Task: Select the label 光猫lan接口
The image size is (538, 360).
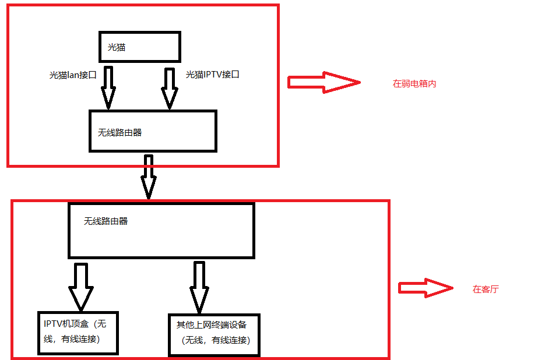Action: (x=73, y=75)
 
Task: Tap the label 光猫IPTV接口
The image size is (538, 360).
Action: (x=213, y=75)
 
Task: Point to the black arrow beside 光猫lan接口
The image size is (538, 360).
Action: (x=108, y=87)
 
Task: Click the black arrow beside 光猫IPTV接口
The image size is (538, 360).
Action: (x=170, y=89)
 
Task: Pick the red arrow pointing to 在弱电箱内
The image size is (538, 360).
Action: (x=324, y=82)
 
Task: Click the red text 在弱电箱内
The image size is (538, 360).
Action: (x=414, y=84)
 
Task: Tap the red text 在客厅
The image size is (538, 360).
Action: (x=486, y=289)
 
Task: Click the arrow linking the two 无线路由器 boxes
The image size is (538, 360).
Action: (x=149, y=177)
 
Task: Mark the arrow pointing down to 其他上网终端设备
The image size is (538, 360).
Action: (x=199, y=287)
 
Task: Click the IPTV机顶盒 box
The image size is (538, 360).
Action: (x=78, y=333)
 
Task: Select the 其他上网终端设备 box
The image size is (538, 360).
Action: (x=214, y=335)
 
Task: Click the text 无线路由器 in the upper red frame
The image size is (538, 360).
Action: (x=120, y=133)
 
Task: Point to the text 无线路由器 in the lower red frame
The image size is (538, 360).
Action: (x=106, y=221)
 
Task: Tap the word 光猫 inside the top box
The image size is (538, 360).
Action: (x=117, y=47)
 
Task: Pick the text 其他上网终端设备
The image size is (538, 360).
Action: (x=212, y=324)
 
